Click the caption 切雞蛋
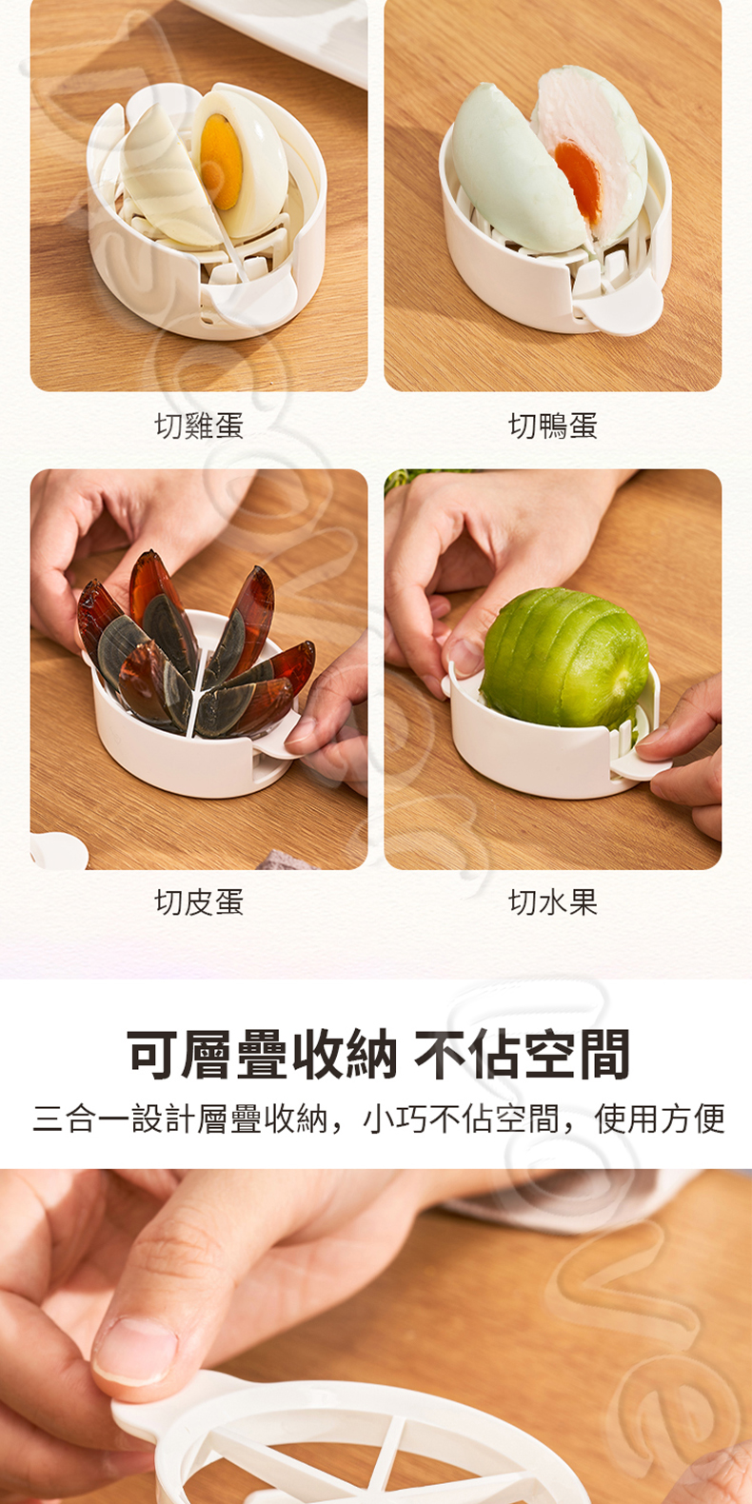[x=199, y=425]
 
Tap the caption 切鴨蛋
[x=553, y=425]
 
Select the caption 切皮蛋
[x=199, y=902]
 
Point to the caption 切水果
[x=553, y=902]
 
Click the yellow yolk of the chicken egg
[x=221, y=161]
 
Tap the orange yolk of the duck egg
[x=578, y=181]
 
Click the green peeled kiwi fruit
[x=565, y=658]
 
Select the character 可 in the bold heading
[x=152, y=1054]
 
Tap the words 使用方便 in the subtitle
[x=660, y=1119]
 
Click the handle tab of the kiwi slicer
[x=642, y=764]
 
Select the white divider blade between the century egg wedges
[x=196, y=692]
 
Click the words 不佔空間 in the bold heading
[x=523, y=1054]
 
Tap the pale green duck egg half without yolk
[x=510, y=171]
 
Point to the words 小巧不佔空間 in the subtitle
[x=461, y=1119]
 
